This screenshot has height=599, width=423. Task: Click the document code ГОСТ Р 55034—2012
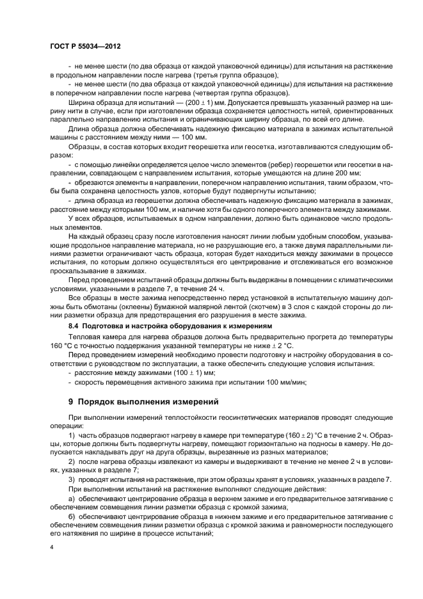(85, 47)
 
